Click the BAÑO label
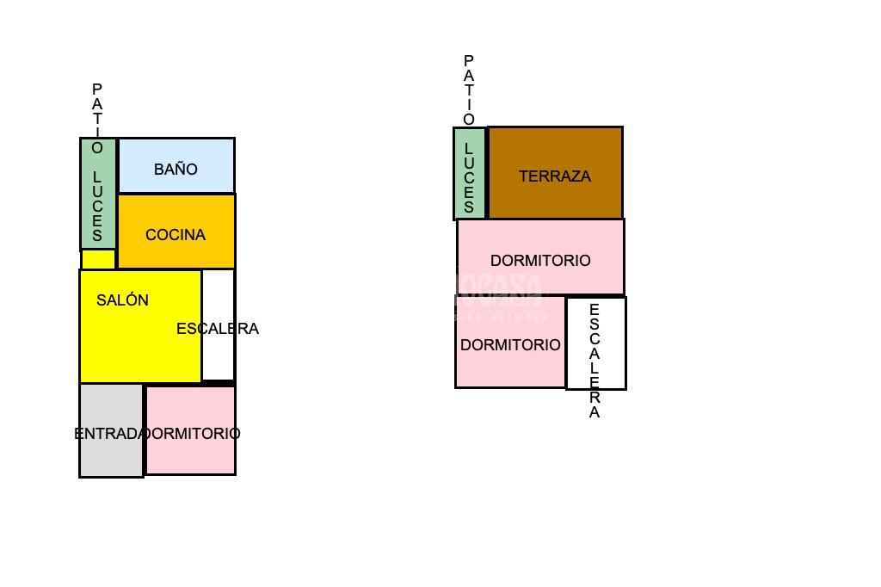click(x=176, y=170)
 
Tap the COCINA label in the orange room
click(x=176, y=235)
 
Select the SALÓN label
click(x=122, y=300)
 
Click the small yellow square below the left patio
click(x=98, y=259)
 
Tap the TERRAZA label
click(x=555, y=176)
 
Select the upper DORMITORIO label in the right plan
click(x=540, y=261)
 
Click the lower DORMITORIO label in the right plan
click(x=510, y=345)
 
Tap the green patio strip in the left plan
click(x=98, y=194)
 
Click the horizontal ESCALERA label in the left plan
click(x=217, y=329)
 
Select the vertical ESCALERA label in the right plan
click(x=595, y=361)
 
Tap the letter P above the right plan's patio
click(x=469, y=61)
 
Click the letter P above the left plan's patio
click(x=97, y=90)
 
